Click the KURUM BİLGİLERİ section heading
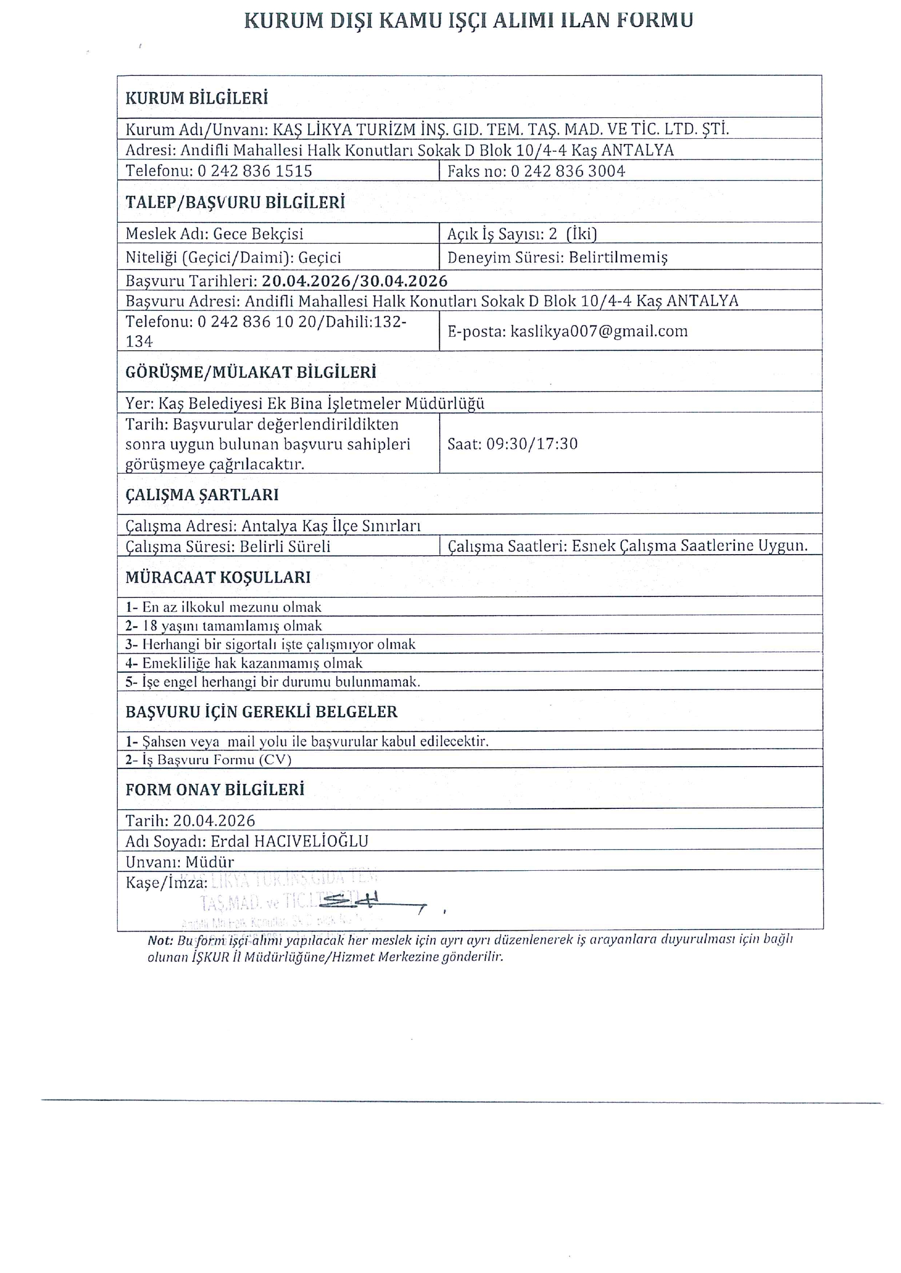[197, 98]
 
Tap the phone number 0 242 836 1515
[255, 171]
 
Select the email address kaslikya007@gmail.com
[599, 331]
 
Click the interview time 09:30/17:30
[532, 444]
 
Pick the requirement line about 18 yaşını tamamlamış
[232, 626]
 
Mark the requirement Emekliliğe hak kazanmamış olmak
[252, 663]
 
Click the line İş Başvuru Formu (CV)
[216, 760]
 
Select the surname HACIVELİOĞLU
[311, 842]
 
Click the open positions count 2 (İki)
[572, 234]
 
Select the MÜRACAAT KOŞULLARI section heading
[218, 577]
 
